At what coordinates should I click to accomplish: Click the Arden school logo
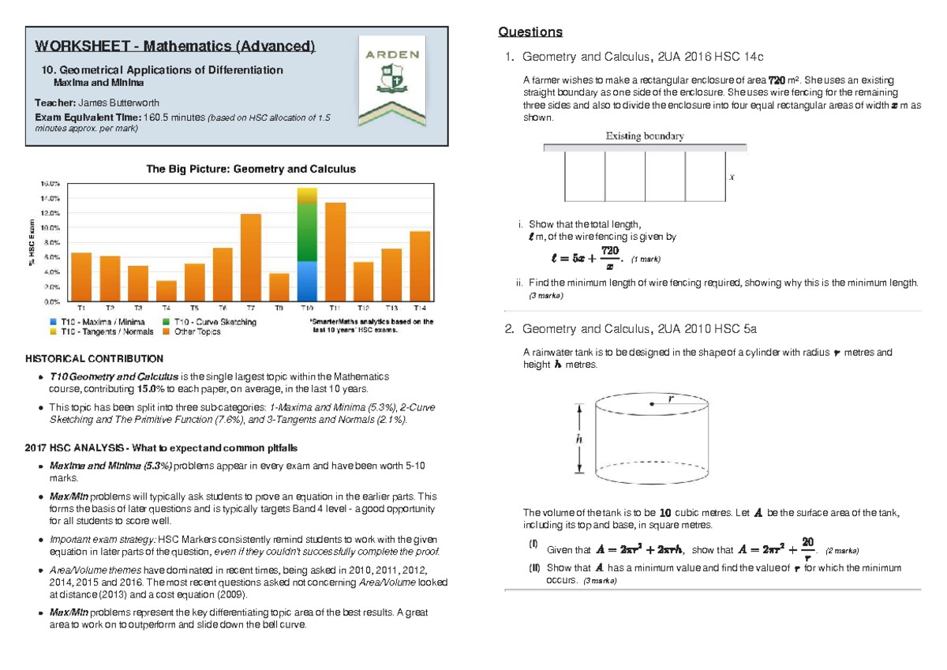tap(393, 80)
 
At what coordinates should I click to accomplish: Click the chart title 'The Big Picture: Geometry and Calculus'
tap(251, 169)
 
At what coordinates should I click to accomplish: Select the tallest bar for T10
tap(307, 245)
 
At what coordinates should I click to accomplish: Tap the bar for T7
tap(251, 258)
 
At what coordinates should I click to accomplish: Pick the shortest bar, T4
tap(167, 291)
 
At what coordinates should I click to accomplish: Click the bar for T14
tap(420, 267)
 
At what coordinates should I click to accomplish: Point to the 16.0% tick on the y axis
tap(51, 183)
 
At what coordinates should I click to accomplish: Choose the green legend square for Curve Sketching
tap(167, 322)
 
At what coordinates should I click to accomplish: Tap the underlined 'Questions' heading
tap(530, 32)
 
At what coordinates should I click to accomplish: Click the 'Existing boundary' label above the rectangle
tap(644, 136)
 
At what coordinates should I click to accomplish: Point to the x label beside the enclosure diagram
tap(732, 178)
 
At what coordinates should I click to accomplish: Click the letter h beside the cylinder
tap(579, 439)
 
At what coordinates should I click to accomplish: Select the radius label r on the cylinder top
tap(671, 399)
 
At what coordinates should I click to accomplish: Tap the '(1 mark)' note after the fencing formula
tap(646, 259)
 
